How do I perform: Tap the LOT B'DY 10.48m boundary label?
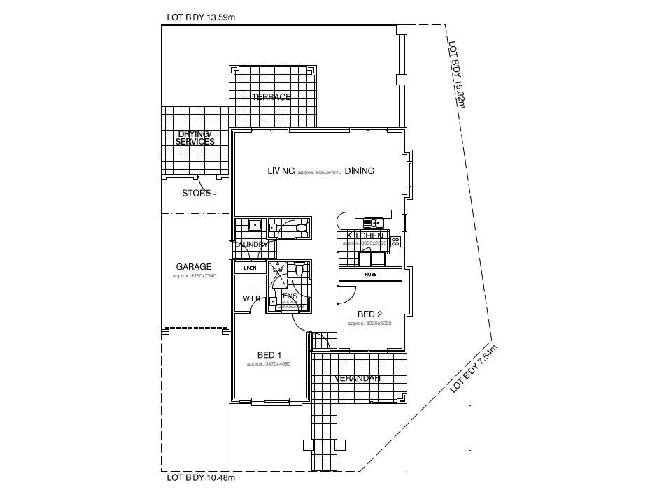coord(201,479)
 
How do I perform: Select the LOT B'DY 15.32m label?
coord(457,73)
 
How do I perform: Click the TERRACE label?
coord(271,97)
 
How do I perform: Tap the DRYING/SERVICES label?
coord(195,138)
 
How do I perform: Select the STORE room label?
coord(196,193)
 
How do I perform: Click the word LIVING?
coord(281,171)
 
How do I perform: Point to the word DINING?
coord(359,171)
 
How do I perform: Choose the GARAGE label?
coord(194,267)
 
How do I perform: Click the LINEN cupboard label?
coord(250,268)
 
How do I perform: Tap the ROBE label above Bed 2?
coord(371,275)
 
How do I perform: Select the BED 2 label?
coord(369,314)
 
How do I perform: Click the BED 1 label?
coord(269,356)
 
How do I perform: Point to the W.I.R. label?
coord(253,299)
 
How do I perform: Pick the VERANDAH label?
coord(357,378)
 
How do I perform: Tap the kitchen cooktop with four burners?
coord(395,242)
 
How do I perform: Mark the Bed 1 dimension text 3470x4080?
coord(269,364)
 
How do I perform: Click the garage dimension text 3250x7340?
coord(194,276)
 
